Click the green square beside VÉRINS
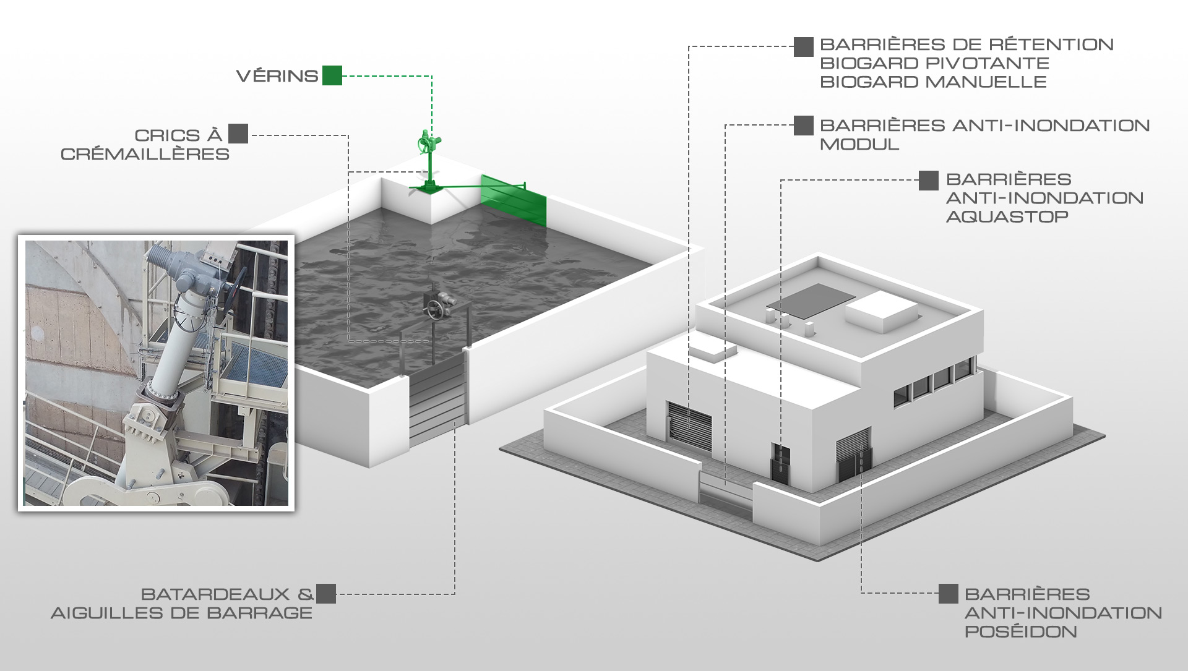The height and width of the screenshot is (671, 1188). click(x=332, y=75)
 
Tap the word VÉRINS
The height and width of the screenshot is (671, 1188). click(x=277, y=76)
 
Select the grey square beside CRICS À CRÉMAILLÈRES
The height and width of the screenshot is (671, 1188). click(x=238, y=134)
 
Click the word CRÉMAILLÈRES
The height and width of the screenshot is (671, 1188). click(x=145, y=154)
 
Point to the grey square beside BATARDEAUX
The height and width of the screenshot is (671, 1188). click(x=326, y=594)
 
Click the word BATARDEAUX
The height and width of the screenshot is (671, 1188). click(x=215, y=594)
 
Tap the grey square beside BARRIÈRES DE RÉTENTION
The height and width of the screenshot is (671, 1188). click(x=804, y=47)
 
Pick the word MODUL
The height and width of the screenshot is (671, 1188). click(x=859, y=144)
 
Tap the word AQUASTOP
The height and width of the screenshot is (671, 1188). click(x=1007, y=216)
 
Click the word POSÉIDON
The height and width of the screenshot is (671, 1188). click(x=1021, y=631)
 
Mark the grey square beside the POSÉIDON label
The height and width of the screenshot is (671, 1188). click(x=949, y=594)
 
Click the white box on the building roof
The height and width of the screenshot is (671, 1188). click(x=880, y=311)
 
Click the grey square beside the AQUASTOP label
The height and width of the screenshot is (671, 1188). click(x=929, y=181)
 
